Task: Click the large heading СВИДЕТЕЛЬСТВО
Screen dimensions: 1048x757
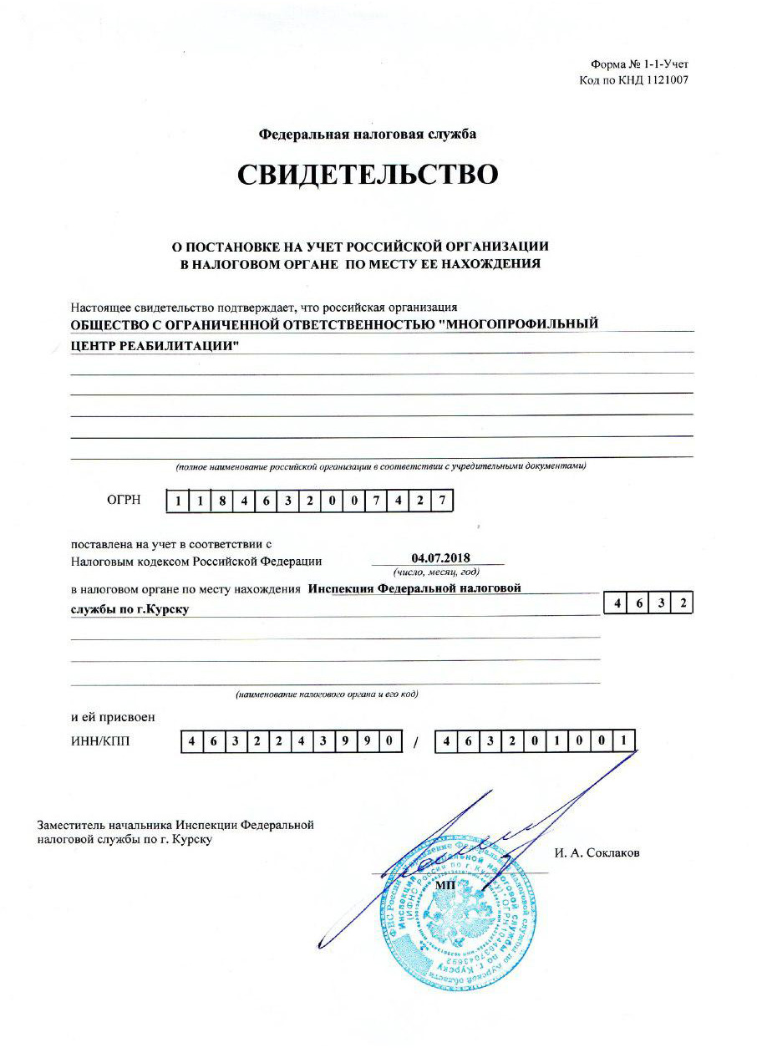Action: pos(368,175)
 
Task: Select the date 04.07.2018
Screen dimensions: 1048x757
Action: pos(442,557)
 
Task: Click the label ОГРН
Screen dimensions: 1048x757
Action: pos(124,501)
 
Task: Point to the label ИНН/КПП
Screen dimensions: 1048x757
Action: pos(101,740)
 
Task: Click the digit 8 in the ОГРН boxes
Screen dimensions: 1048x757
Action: pos(221,501)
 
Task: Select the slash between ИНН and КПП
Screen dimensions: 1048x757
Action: pos(414,742)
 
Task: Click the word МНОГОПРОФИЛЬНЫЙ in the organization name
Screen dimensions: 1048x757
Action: pos(521,324)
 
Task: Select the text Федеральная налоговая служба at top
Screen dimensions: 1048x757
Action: pos(368,134)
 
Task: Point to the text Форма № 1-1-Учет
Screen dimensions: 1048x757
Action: pos(639,64)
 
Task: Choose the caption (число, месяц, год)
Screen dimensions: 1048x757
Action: pos(436,572)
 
